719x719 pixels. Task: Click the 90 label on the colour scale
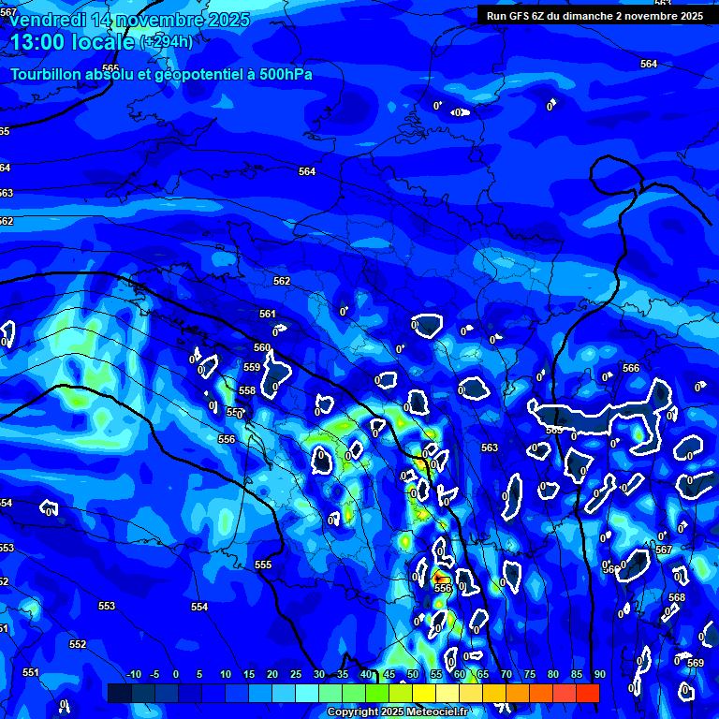click(x=599, y=674)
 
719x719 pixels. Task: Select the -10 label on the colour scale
click(x=133, y=674)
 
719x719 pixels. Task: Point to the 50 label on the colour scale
click(x=413, y=674)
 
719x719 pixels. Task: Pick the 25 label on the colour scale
click(x=296, y=674)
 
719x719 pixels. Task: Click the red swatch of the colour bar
click(x=587, y=693)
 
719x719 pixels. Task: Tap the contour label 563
click(x=490, y=448)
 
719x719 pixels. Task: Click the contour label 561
click(x=268, y=314)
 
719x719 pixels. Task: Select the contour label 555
click(x=263, y=565)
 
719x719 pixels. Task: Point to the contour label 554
click(x=199, y=607)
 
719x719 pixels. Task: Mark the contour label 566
click(x=631, y=368)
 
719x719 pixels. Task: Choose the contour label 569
click(x=696, y=663)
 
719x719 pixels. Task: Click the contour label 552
click(x=78, y=644)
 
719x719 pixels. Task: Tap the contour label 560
click(x=262, y=347)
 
